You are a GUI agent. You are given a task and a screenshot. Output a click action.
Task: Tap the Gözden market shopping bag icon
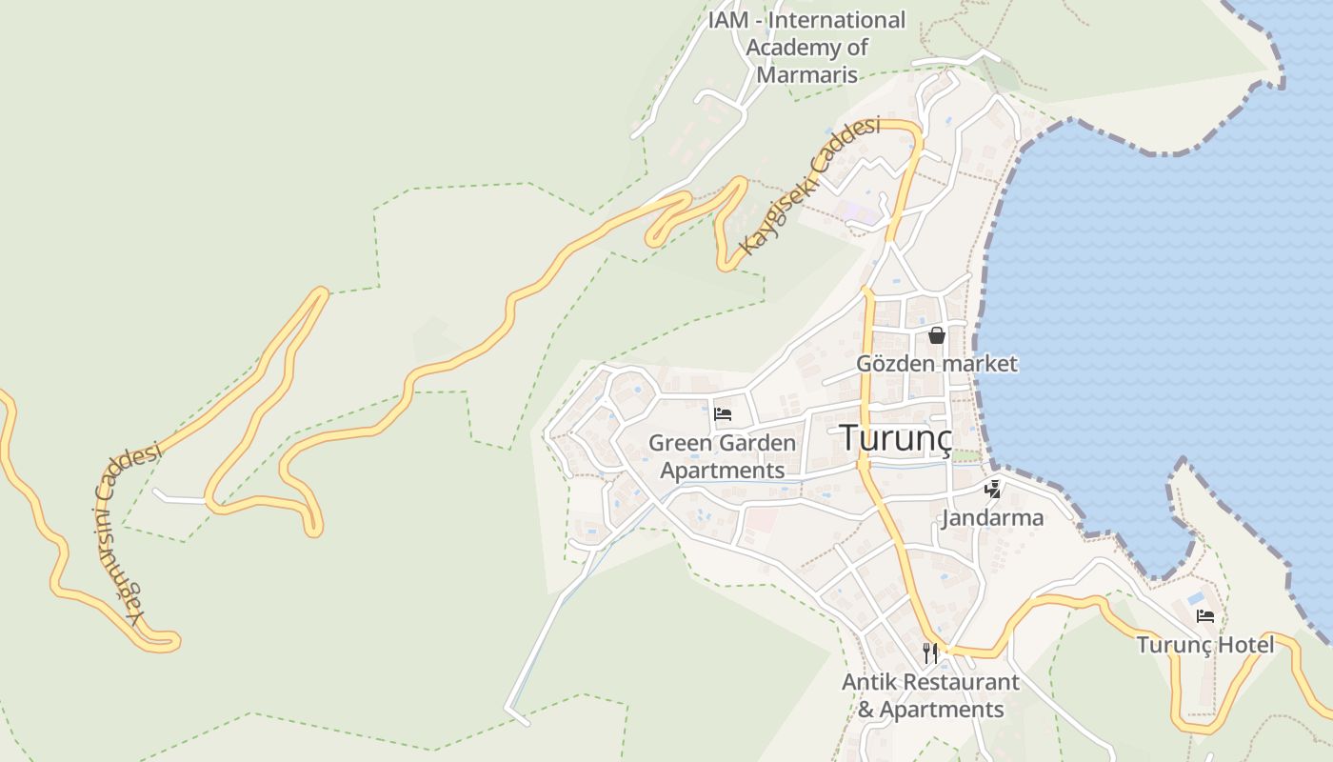coord(937,335)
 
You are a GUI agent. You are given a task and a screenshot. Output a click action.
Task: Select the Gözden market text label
coord(937,363)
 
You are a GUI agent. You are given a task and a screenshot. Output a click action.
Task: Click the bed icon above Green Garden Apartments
coord(723,414)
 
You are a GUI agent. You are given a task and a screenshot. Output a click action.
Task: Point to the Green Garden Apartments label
coord(723,456)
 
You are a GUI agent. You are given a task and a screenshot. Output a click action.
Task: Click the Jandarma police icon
coord(992,490)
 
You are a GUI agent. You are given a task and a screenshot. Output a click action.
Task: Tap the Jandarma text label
coord(992,518)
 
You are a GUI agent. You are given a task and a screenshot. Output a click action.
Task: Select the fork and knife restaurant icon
coord(930,653)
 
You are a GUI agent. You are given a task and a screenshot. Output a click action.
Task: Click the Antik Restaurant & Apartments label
coord(930,695)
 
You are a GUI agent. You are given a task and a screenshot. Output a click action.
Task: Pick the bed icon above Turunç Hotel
coord(1205,616)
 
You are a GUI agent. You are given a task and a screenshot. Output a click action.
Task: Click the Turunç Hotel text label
coord(1205,645)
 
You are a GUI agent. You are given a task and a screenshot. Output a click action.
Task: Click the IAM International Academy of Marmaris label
coord(807,47)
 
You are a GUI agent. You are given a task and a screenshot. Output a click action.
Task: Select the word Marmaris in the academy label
coord(807,74)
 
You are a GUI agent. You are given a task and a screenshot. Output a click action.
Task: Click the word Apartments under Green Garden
coord(723,471)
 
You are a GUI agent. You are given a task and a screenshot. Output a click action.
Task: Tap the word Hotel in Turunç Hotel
coord(1244,645)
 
